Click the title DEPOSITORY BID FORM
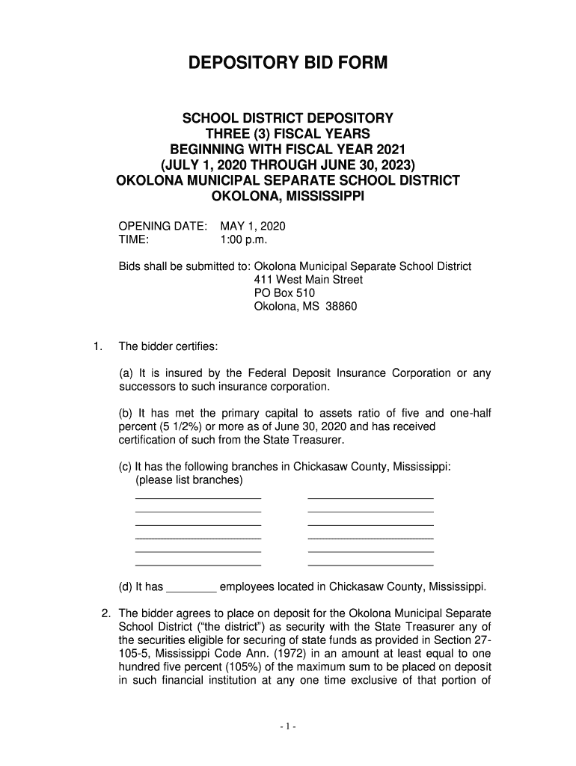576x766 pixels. (x=288, y=64)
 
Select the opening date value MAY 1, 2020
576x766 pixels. (x=252, y=226)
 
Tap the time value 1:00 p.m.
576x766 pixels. (x=243, y=239)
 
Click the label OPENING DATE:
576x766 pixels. (x=163, y=226)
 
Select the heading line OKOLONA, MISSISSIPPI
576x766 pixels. (x=288, y=197)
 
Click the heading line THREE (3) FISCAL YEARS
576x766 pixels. (x=288, y=134)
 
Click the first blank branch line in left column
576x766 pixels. (x=197, y=497)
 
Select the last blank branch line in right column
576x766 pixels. (x=370, y=564)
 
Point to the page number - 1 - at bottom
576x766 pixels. (x=288, y=727)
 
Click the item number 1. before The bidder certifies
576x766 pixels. (x=96, y=346)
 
